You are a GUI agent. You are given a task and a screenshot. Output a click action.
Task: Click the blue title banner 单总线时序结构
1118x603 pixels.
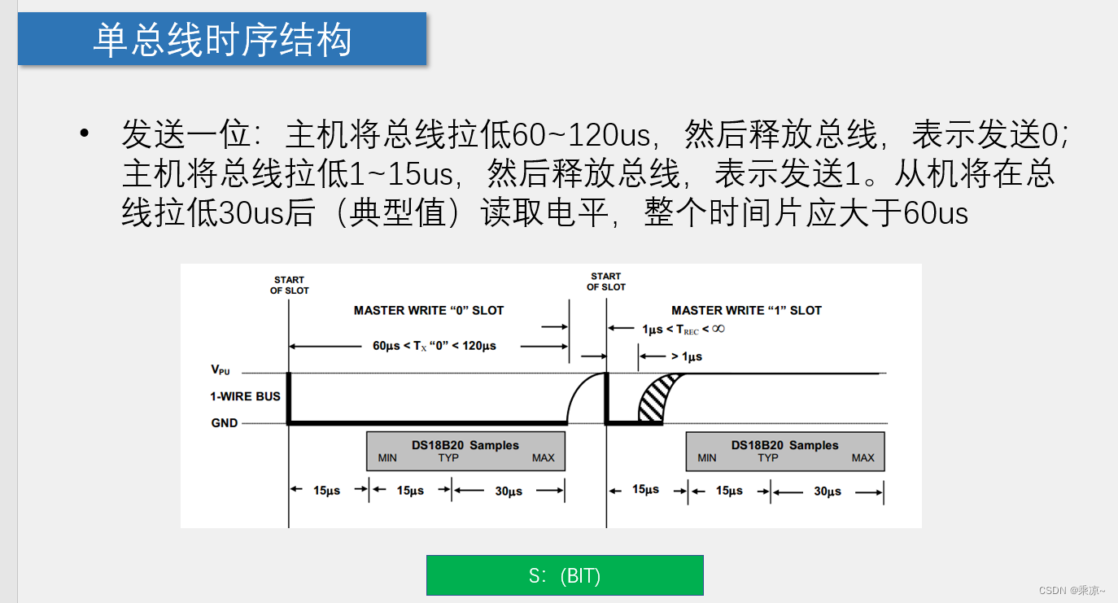(x=221, y=39)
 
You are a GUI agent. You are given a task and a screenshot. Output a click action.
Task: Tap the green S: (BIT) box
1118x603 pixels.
(x=565, y=575)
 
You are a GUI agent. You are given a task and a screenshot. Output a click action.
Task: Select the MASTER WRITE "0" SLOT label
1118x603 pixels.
(x=429, y=310)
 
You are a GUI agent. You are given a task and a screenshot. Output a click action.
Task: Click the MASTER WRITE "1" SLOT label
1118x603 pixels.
(x=746, y=310)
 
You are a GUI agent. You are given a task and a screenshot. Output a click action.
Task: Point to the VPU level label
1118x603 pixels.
(x=221, y=370)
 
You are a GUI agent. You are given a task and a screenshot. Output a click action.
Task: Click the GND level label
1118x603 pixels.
(x=225, y=423)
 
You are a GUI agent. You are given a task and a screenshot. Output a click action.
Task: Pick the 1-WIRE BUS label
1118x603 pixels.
(x=245, y=396)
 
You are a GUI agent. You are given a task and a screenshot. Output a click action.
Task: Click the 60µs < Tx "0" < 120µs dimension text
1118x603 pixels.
(x=435, y=346)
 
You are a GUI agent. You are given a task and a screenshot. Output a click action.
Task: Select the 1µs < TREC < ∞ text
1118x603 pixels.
(x=683, y=330)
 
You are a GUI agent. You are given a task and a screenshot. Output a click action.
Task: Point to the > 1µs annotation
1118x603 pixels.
(x=686, y=356)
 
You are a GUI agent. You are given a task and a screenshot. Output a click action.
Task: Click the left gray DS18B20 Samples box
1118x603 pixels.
(x=465, y=451)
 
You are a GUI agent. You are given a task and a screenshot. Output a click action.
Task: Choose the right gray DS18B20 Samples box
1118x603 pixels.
(x=785, y=451)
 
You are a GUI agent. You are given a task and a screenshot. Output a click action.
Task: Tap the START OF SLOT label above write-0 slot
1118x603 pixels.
(x=290, y=285)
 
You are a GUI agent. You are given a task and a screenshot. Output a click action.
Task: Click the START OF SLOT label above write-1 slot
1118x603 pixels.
(x=606, y=282)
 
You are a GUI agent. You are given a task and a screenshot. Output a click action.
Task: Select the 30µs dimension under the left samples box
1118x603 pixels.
(x=509, y=492)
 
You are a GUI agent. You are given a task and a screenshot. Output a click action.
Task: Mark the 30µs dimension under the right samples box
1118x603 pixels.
(x=828, y=492)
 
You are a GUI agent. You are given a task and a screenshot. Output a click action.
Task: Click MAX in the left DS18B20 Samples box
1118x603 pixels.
(x=543, y=458)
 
